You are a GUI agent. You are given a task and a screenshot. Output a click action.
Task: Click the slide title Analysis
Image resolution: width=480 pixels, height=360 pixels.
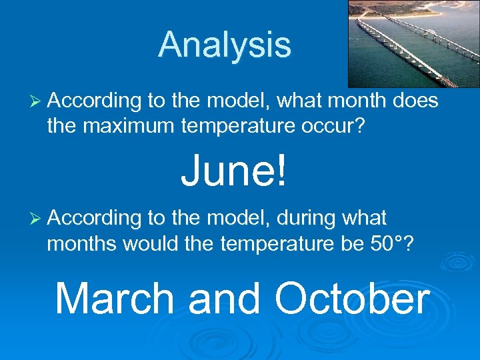point(225,45)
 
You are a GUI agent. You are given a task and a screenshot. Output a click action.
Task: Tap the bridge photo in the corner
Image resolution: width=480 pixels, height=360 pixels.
point(413,44)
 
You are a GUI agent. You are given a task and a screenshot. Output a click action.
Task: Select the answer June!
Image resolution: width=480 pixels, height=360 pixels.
point(235,171)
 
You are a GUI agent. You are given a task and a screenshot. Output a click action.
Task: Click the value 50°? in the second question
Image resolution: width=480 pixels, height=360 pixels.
point(390,244)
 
